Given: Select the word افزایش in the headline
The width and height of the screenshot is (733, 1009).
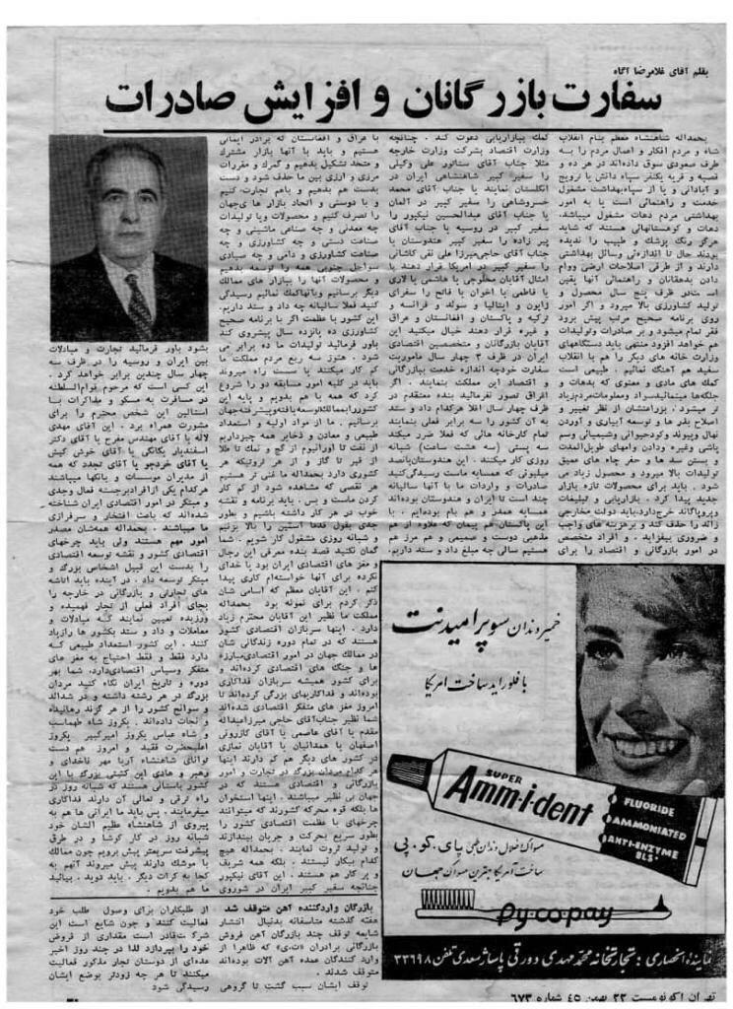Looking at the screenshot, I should pos(297,96).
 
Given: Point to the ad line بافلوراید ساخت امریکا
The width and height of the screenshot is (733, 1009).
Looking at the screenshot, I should pos(473,671).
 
